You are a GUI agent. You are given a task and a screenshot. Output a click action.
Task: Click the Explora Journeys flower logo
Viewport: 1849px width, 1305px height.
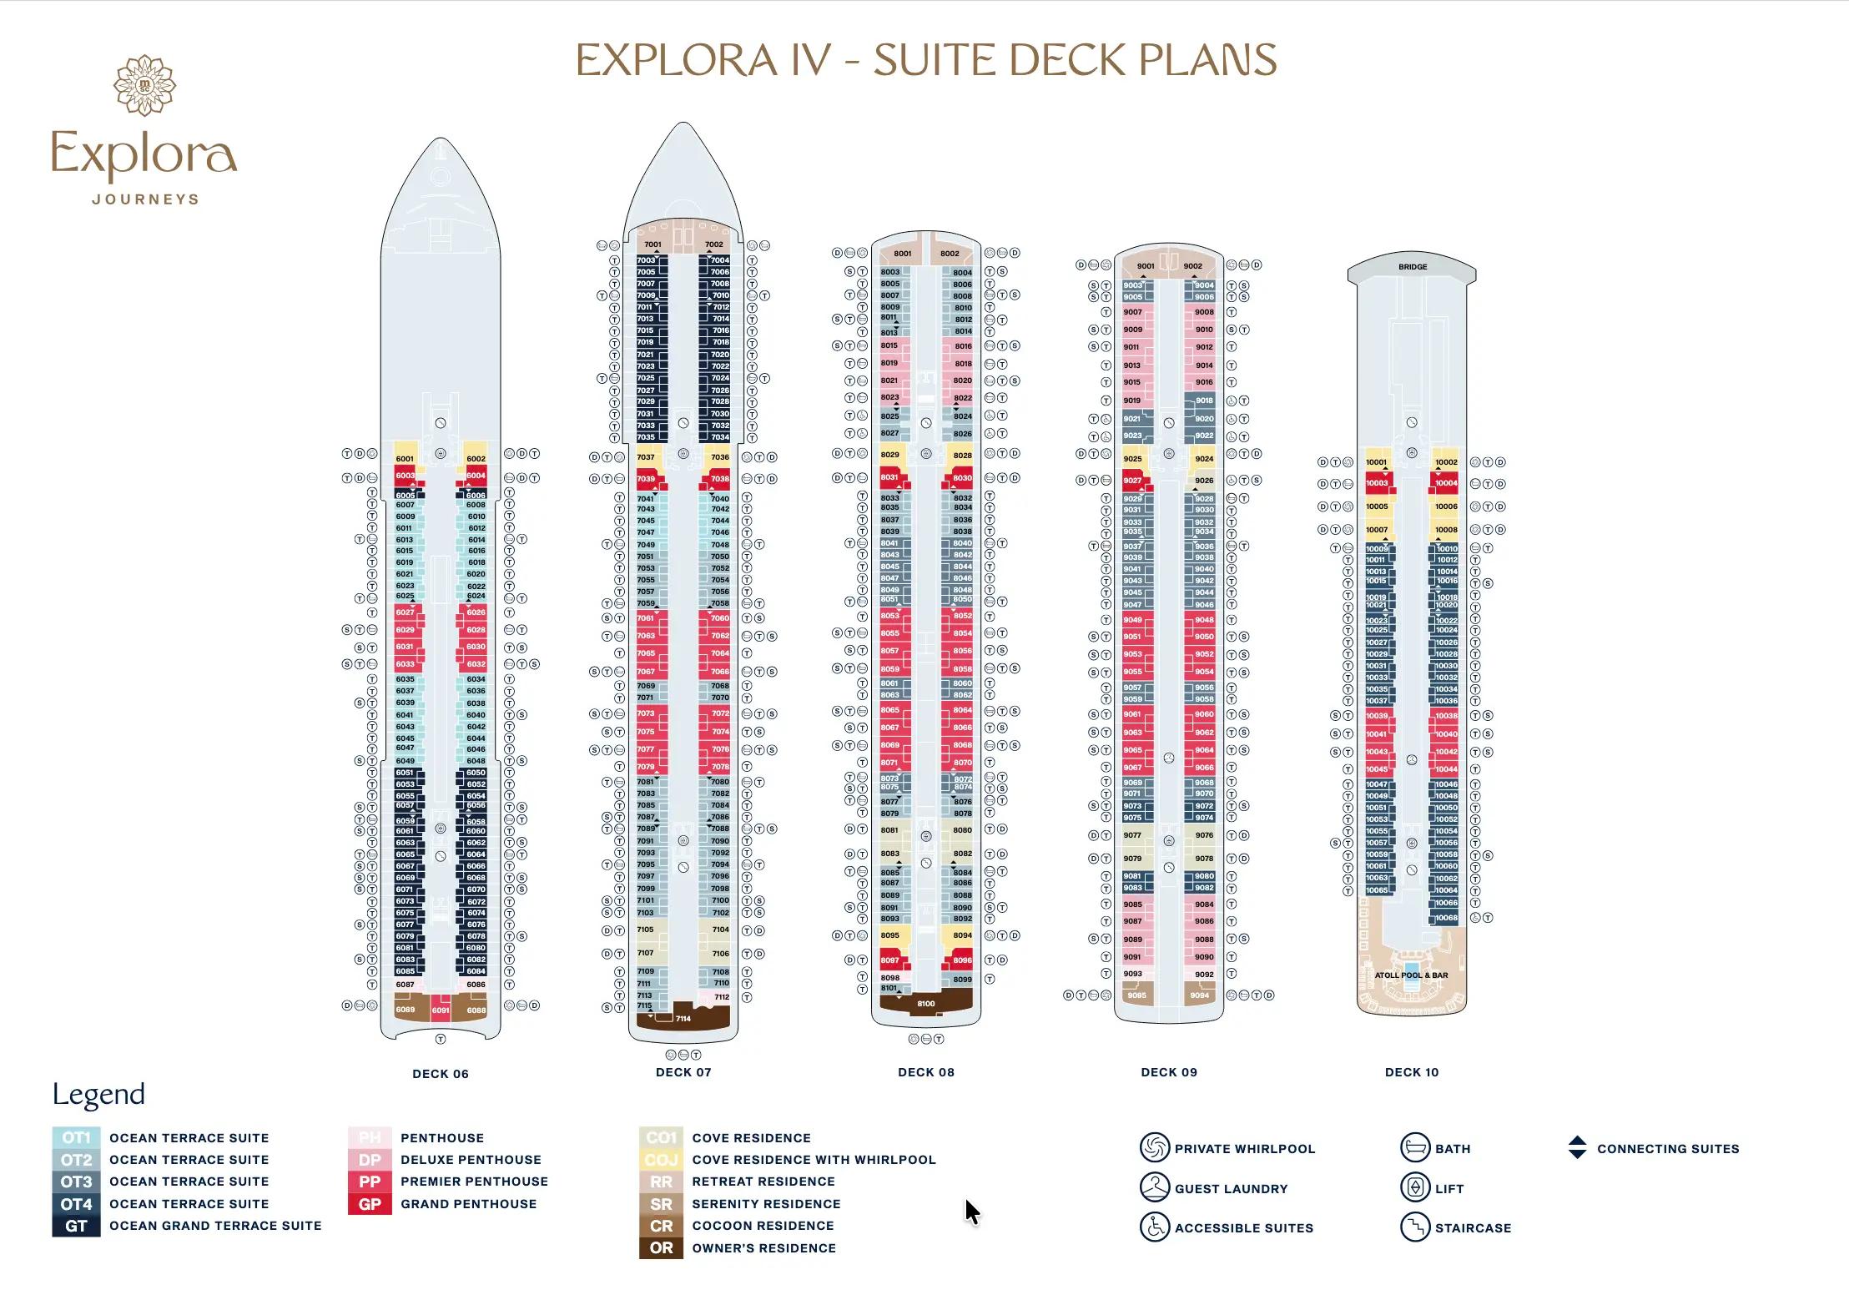tap(144, 85)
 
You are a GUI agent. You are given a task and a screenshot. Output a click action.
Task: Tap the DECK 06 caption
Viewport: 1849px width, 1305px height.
tap(441, 1074)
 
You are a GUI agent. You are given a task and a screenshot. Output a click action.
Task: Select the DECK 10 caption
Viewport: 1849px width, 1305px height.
tap(1412, 1072)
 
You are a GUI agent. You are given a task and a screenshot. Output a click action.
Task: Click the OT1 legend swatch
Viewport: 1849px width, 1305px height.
tap(76, 1138)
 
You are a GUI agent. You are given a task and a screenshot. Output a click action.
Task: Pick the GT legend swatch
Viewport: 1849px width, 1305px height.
tap(76, 1226)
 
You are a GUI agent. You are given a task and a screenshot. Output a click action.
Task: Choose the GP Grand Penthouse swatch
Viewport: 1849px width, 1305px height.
tap(370, 1204)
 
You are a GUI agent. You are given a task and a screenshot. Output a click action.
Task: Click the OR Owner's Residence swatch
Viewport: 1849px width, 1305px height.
tap(661, 1248)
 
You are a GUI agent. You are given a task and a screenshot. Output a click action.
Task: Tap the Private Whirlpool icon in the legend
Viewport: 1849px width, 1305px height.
tap(1155, 1148)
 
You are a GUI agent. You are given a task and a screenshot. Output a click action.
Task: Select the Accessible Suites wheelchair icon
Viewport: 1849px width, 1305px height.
tap(1155, 1227)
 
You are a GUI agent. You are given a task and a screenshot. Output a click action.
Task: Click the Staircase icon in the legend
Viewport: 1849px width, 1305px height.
tap(1414, 1227)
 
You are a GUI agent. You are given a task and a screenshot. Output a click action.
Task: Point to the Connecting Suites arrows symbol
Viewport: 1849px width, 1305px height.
tap(1577, 1148)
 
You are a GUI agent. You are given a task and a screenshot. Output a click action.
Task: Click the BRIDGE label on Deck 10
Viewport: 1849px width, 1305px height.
tap(1413, 267)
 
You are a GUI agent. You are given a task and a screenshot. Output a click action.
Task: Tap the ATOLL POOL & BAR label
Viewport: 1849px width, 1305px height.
tap(1412, 975)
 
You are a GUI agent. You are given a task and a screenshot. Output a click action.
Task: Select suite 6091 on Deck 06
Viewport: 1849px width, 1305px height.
tap(441, 1010)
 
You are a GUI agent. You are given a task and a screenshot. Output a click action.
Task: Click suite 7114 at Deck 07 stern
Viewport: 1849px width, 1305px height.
tap(683, 1019)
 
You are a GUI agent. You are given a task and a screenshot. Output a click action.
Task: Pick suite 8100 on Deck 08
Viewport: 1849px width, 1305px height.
tap(926, 1004)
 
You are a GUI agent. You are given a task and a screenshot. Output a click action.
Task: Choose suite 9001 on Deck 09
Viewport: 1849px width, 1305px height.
tap(1146, 266)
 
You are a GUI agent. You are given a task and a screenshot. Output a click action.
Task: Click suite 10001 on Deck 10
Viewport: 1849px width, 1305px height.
tap(1377, 462)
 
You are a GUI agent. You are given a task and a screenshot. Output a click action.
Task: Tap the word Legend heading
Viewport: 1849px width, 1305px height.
tap(98, 1095)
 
